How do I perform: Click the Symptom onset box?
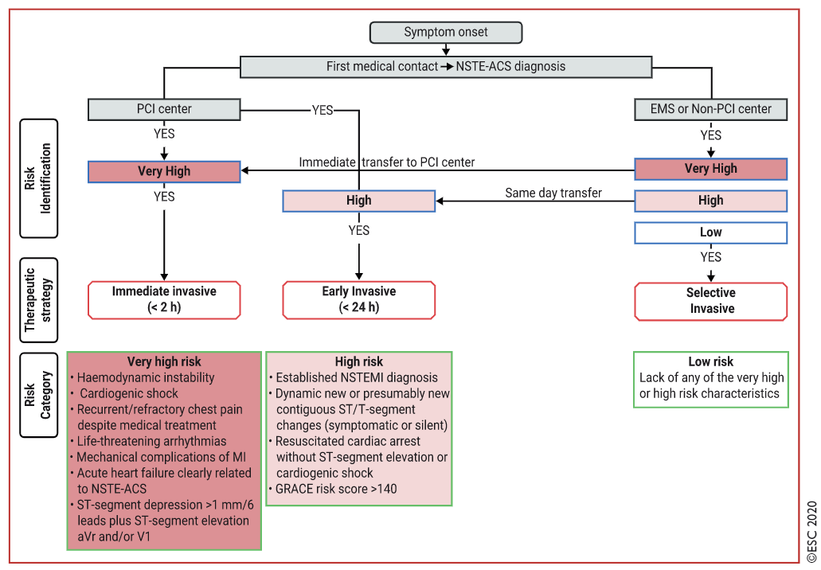(446, 33)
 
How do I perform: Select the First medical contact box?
(446, 67)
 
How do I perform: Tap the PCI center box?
(164, 108)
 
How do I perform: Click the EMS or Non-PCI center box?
(711, 108)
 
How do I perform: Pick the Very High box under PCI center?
(164, 171)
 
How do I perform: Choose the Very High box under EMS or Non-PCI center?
(711, 169)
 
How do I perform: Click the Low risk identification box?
(711, 232)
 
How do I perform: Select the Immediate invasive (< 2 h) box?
(164, 299)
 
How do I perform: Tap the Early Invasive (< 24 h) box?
(359, 299)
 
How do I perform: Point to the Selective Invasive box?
(711, 301)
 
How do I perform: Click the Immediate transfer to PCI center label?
(387, 162)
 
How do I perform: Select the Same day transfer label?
(553, 193)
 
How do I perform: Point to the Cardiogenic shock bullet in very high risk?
(128, 393)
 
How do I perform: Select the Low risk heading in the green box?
(710, 361)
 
